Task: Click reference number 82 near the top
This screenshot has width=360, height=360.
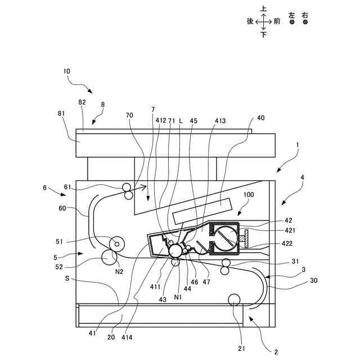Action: click(82, 102)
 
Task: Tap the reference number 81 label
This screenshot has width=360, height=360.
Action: click(61, 113)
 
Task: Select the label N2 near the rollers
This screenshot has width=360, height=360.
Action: click(119, 272)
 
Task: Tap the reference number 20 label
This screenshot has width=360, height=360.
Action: click(111, 338)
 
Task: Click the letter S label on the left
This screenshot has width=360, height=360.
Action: click(67, 278)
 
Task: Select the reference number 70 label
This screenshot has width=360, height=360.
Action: click(130, 116)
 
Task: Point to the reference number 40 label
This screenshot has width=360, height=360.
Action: click(260, 118)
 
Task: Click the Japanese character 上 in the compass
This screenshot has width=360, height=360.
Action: click(263, 8)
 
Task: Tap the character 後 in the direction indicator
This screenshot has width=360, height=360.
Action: click(250, 21)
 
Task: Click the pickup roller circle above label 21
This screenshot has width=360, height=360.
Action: click(233, 299)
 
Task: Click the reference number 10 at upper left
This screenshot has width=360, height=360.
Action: click(67, 72)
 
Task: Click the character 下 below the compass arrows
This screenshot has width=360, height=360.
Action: click(263, 34)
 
